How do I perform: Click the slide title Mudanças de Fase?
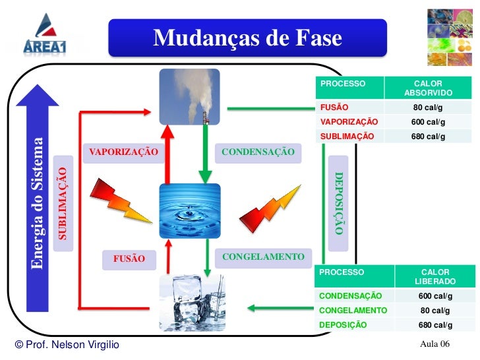(x=247, y=39)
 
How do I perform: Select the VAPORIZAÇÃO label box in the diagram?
(x=123, y=152)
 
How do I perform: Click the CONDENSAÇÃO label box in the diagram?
(x=258, y=152)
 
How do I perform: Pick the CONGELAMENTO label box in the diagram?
(x=263, y=256)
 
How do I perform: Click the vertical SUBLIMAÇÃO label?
(x=63, y=203)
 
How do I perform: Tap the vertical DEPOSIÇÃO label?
(x=339, y=203)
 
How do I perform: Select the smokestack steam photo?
(x=189, y=97)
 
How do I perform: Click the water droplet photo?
(x=190, y=211)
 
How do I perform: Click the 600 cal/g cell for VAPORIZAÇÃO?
(x=429, y=122)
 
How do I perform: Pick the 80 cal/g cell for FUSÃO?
(x=429, y=107)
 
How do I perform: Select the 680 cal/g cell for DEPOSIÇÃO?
(x=435, y=325)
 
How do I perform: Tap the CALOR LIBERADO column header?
(x=435, y=276)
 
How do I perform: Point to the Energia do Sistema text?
(x=37, y=203)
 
